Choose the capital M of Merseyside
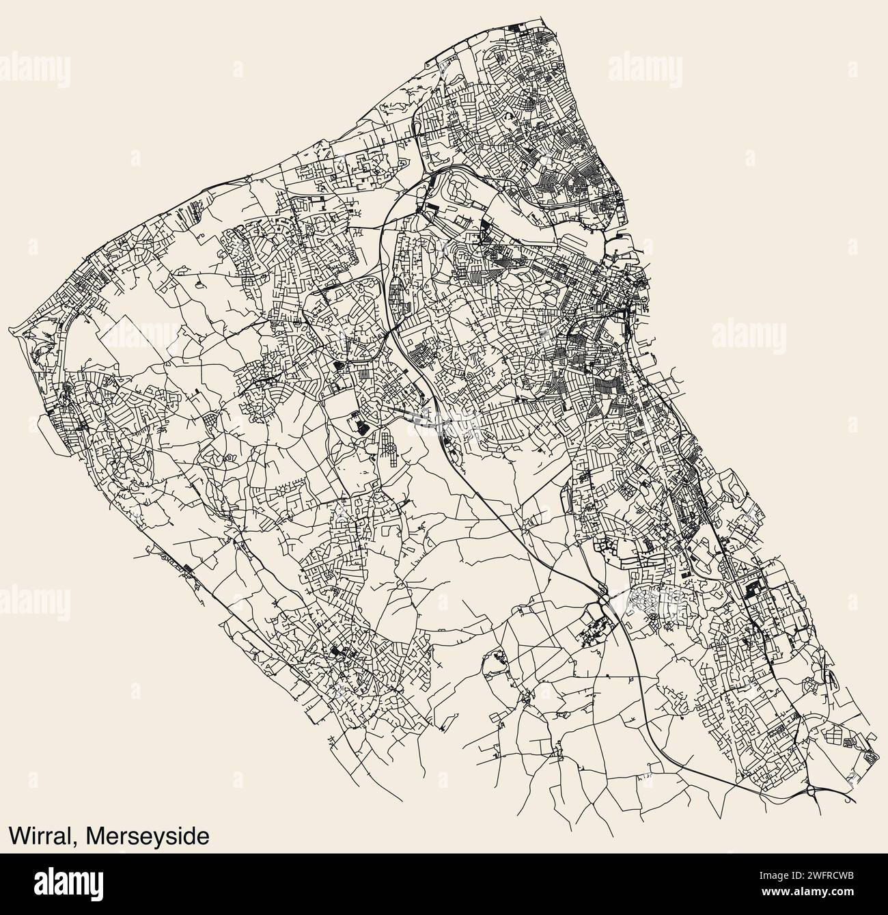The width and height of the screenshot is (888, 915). (x=86, y=835)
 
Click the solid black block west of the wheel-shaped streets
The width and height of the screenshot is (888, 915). (x=359, y=426)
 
